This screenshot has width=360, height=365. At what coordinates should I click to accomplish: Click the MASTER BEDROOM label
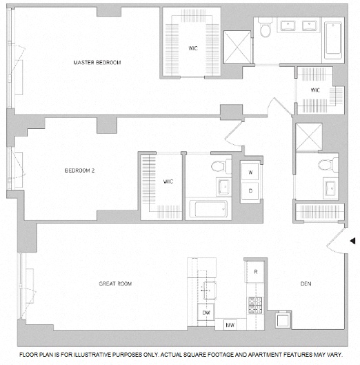tap(97, 63)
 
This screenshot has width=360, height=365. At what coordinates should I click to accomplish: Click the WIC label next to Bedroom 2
tap(168, 181)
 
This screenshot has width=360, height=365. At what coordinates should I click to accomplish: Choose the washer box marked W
tap(250, 172)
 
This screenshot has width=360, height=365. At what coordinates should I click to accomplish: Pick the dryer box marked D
tap(250, 190)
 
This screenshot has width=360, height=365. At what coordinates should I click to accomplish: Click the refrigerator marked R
tap(254, 271)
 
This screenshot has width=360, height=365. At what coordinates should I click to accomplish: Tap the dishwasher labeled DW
tap(206, 313)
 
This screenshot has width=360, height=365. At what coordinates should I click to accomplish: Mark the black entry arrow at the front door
tap(352, 241)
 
